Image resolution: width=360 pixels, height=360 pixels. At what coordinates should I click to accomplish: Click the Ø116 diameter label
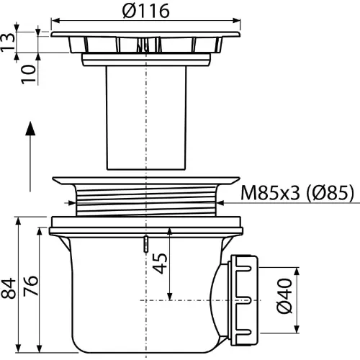[x=145, y=11]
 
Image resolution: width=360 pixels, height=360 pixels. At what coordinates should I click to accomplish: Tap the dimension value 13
[x=8, y=42]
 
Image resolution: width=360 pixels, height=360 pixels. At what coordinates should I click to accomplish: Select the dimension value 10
[x=28, y=74]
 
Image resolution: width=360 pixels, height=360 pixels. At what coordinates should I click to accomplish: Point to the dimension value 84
[x=9, y=288]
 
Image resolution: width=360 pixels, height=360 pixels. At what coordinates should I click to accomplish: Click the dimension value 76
[x=30, y=286]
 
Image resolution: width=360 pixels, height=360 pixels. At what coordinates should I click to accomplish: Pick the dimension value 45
[x=160, y=264]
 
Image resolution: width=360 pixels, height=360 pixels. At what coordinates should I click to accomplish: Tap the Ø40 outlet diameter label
[x=284, y=296]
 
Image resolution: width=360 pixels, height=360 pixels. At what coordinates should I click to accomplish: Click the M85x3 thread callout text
[x=271, y=192]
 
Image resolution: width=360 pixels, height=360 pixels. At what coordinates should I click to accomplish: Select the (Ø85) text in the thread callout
[x=330, y=192]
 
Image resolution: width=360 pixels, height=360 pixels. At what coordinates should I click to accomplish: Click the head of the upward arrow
[x=30, y=128]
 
